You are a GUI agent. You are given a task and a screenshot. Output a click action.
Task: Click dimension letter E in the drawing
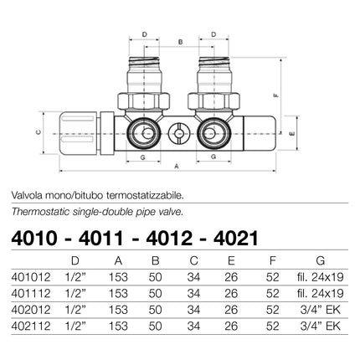288,133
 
